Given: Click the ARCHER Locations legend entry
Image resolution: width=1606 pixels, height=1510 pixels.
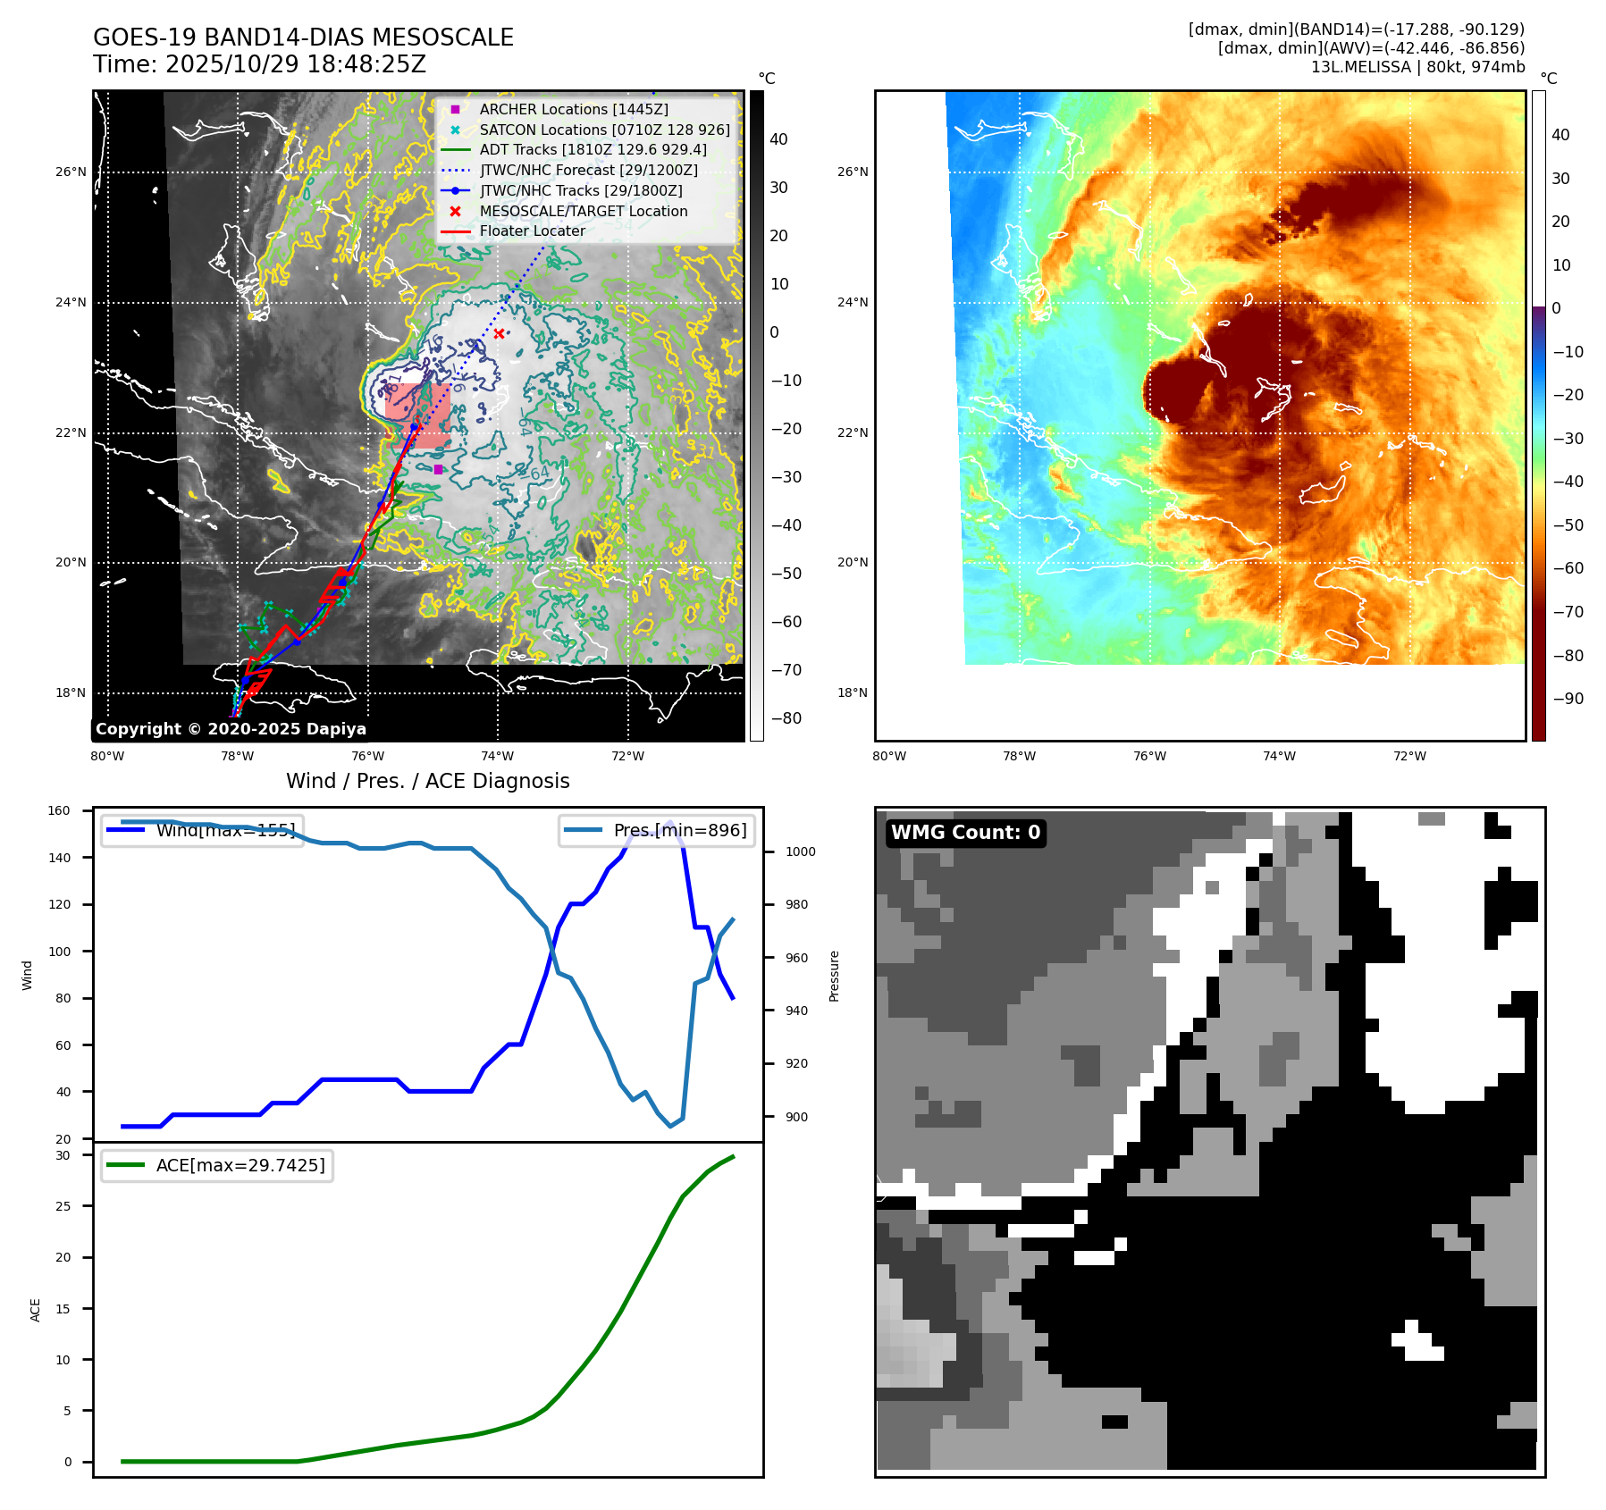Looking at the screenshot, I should click(x=573, y=109).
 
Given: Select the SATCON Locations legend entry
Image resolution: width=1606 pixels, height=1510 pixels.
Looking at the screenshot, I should click(x=604, y=130).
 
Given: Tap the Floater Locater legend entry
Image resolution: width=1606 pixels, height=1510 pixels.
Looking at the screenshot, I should click(x=532, y=231).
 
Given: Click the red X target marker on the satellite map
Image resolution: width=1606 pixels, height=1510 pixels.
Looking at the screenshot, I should click(x=499, y=334).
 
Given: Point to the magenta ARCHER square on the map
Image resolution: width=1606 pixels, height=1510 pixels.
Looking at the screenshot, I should click(x=438, y=469).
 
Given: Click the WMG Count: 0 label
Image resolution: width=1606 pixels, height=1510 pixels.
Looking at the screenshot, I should click(x=965, y=833).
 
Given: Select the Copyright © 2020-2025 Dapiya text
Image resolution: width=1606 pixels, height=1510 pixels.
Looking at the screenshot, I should click(x=231, y=729).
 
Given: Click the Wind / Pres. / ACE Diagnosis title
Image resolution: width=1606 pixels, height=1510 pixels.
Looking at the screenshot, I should click(x=427, y=781).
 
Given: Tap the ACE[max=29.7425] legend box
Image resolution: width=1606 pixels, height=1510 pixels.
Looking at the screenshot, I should click(x=217, y=1165).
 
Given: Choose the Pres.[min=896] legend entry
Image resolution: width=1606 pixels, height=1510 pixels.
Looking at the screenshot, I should click(x=658, y=830).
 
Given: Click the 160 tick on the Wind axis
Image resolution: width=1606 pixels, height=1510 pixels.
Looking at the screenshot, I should click(x=59, y=810).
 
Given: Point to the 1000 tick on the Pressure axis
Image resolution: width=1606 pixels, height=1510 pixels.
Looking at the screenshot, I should click(x=800, y=851).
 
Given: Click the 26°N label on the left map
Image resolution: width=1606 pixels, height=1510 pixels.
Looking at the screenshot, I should click(x=71, y=172).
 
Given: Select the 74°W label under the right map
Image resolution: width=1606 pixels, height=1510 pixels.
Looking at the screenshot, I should click(x=1279, y=756).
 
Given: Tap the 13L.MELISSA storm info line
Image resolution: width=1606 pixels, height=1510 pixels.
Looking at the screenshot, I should click(x=1417, y=67).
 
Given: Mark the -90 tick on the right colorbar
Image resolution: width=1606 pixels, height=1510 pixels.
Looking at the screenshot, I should click(x=1568, y=699).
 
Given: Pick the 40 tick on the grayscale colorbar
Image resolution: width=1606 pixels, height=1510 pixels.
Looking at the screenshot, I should click(x=778, y=139).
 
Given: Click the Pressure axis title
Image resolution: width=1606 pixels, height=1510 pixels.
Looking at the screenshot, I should click(x=834, y=976).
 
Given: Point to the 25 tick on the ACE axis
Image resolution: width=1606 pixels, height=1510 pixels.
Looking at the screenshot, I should click(x=63, y=1206).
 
